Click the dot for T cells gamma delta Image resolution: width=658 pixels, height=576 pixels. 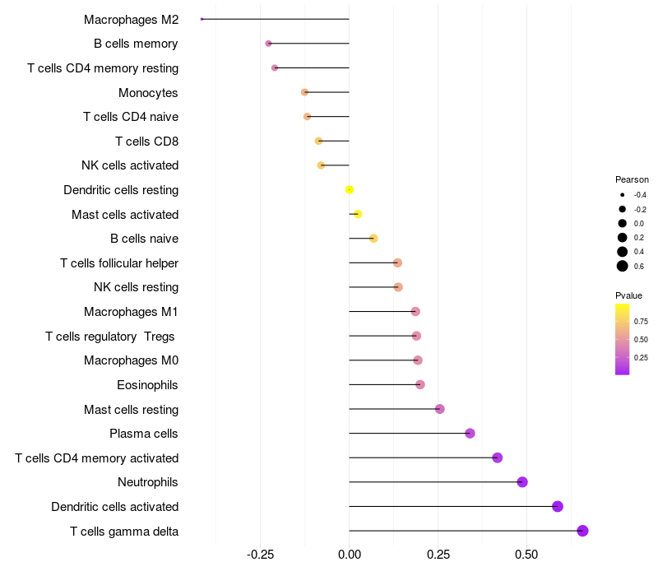pyautogui.click(x=582, y=531)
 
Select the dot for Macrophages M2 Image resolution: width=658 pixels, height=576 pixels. pyautogui.click(x=202, y=19)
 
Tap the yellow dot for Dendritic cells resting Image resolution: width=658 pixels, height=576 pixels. pyautogui.click(x=350, y=189)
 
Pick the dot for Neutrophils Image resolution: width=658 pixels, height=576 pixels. pyautogui.click(x=522, y=482)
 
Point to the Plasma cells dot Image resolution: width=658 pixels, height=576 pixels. pyautogui.click(x=470, y=434)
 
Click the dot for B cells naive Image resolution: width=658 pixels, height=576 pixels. pyautogui.click(x=373, y=239)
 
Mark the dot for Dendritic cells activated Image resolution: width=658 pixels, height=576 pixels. pyautogui.click(x=558, y=506)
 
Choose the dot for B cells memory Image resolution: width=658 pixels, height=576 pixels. pyautogui.click(x=268, y=43)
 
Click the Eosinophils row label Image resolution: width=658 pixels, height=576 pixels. pyautogui.click(x=147, y=385)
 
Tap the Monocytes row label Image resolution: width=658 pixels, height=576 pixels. pyautogui.click(x=148, y=92)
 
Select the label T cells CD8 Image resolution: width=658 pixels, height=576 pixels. pyautogui.click(x=146, y=142)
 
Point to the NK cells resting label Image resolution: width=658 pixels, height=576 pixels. pyautogui.click(x=136, y=287)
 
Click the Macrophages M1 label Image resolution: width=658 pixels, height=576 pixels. pyautogui.click(x=131, y=312)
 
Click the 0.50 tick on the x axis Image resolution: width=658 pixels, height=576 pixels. pyautogui.click(x=526, y=555)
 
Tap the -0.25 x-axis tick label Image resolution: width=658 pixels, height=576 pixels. pyautogui.click(x=260, y=555)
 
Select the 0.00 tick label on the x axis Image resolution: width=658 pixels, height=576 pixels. pyautogui.click(x=350, y=555)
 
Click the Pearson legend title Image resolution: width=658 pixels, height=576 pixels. pyautogui.click(x=632, y=179)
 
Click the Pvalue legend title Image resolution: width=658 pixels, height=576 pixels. pyautogui.click(x=629, y=295)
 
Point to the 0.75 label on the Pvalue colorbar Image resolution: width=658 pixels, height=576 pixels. pyautogui.click(x=641, y=321)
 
